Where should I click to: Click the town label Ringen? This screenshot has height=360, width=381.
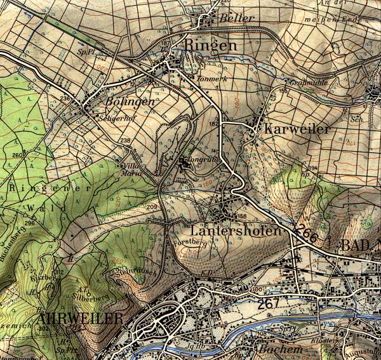coord(211,46)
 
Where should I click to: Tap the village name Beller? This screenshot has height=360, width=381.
coord(236,18)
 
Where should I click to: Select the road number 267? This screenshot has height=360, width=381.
coord(269,304)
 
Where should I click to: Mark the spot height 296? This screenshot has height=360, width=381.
coord(29,223)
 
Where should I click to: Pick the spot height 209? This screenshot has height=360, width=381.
coord(152,208)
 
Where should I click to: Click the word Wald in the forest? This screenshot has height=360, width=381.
coord(38,208)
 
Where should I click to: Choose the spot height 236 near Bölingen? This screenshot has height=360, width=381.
coord(64,98)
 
